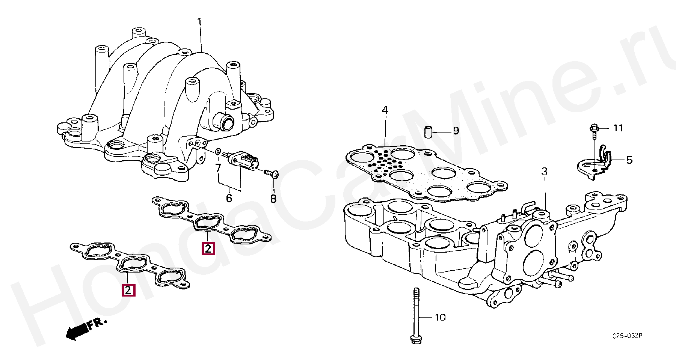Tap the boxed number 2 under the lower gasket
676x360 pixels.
tap(128, 290)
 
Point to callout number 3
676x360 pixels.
tap(545, 172)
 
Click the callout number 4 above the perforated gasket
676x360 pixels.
tap(385, 110)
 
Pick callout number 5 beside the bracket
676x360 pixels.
tap(629, 160)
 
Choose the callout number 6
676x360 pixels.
tap(229, 198)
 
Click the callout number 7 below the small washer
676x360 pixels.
tap(218, 167)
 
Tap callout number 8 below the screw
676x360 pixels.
tap(273, 199)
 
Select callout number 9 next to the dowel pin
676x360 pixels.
tap(456, 131)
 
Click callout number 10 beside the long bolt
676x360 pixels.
tap(440, 318)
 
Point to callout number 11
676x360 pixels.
tap(618, 128)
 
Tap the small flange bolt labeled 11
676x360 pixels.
tap(594, 129)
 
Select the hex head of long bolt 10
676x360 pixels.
tap(415, 339)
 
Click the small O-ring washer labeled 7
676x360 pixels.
tap(218, 152)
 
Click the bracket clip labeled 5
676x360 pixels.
tap(597, 161)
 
